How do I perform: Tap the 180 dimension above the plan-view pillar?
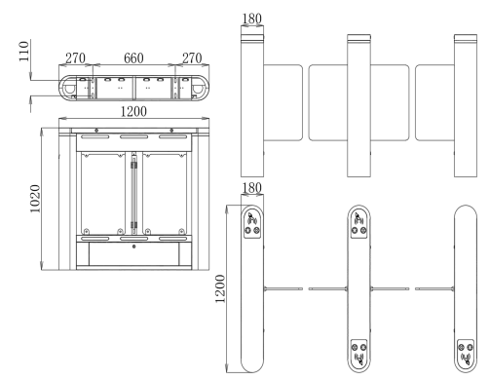251,187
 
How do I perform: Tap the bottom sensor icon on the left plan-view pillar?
252,350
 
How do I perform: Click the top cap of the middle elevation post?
358,39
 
